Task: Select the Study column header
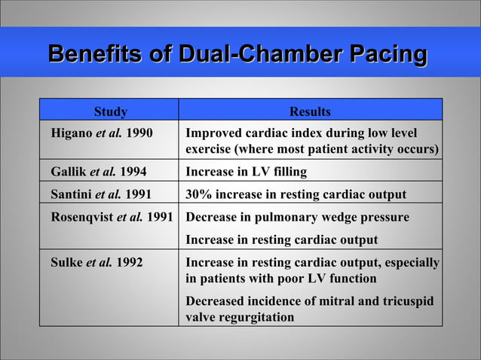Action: (110, 111)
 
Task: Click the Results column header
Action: (310, 111)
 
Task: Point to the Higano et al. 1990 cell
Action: (101, 133)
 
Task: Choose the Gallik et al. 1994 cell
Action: (98, 172)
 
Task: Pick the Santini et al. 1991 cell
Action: (100, 194)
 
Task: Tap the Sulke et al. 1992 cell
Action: (97, 263)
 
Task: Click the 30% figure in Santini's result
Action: (198, 194)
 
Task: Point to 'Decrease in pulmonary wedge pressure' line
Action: (298, 217)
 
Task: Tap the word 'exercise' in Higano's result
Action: (209, 149)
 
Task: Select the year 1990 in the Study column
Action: (139, 133)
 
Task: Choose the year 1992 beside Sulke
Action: (130, 263)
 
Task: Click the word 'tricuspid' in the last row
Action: (406, 301)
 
